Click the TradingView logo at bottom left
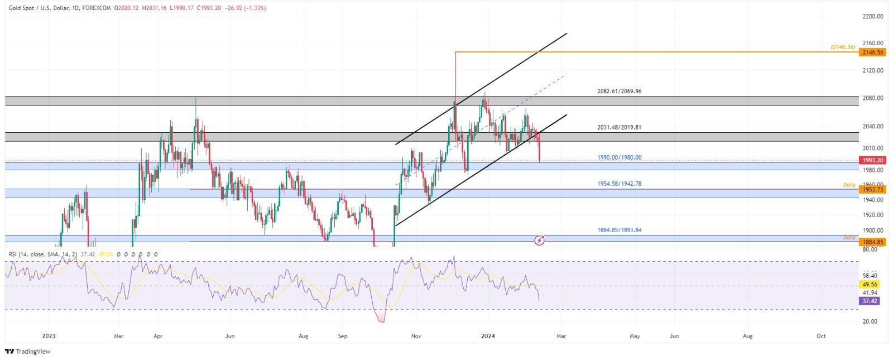27,351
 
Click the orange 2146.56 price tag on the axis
872,52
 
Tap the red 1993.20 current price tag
872,160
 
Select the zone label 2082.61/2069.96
619,91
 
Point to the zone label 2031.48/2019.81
619,127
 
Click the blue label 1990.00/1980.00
619,157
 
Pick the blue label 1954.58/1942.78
619,184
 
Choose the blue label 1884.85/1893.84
619,229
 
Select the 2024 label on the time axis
488,336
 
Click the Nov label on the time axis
416,336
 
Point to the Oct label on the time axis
821,336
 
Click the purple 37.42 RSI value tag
870,301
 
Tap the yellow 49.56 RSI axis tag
870,285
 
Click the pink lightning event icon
540,240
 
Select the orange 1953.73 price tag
872,190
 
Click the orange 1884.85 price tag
872,242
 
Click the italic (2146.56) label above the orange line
842,47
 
